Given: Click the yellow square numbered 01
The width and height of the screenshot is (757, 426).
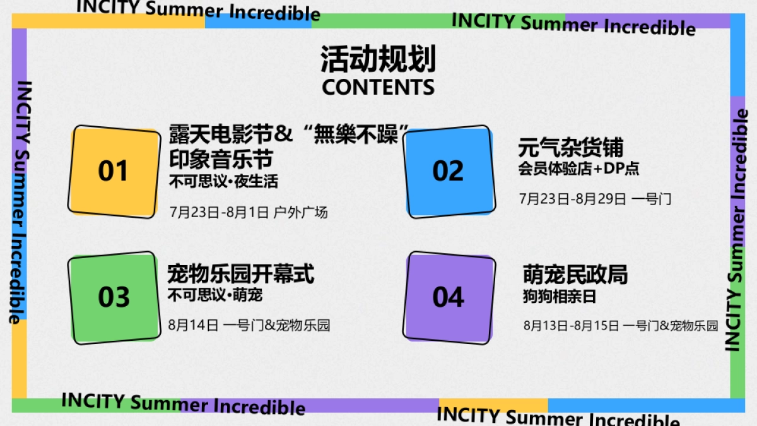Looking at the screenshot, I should pyautogui.click(x=114, y=171).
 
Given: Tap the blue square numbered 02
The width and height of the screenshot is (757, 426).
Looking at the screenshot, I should pyautogui.click(x=449, y=171).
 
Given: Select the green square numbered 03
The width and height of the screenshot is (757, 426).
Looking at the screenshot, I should pyautogui.click(x=114, y=297).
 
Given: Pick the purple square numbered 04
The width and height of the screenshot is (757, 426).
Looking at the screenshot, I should pyautogui.click(x=449, y=297).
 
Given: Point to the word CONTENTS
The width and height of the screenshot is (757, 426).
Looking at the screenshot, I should pyautogui.click(x=378, y=87).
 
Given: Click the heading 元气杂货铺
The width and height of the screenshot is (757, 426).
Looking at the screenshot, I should pyautogui.click(x=571, y=148).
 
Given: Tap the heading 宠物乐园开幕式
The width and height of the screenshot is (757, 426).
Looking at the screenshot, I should pyautogui.click(x=240, y=274).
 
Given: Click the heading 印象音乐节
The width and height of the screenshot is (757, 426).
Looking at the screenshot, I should pyautogui.click(x=221, y=158).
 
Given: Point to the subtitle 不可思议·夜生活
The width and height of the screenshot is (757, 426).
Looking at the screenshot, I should pyautogui.click(x=223, y=182).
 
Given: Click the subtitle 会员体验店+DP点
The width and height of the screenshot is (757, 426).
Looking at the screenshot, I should pyautogui.click(x=579, y=169).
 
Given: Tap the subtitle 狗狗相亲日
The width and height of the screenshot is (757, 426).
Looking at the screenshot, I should pyautogui.click(x=560, y=296).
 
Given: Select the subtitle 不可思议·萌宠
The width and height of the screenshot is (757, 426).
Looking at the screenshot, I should pyautogui.click(x=215, y=295).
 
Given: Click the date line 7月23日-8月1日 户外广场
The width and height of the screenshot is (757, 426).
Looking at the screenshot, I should pyautogui.click(x=249, y=212).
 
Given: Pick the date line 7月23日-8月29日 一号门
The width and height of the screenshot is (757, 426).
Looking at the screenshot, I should pyautogui.click(x=595, y=199).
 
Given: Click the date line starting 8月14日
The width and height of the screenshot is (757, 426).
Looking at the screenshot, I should pyautogui.click(x=249, y=326).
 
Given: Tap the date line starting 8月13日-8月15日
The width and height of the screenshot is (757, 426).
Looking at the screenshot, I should pyautogui.click(x=621, y=326).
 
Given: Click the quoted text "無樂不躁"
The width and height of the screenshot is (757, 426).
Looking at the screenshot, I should pyautogui.click(x=353, y=134).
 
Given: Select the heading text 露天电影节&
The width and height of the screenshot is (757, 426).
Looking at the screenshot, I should pyautogui.click(x=231, y=134).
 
